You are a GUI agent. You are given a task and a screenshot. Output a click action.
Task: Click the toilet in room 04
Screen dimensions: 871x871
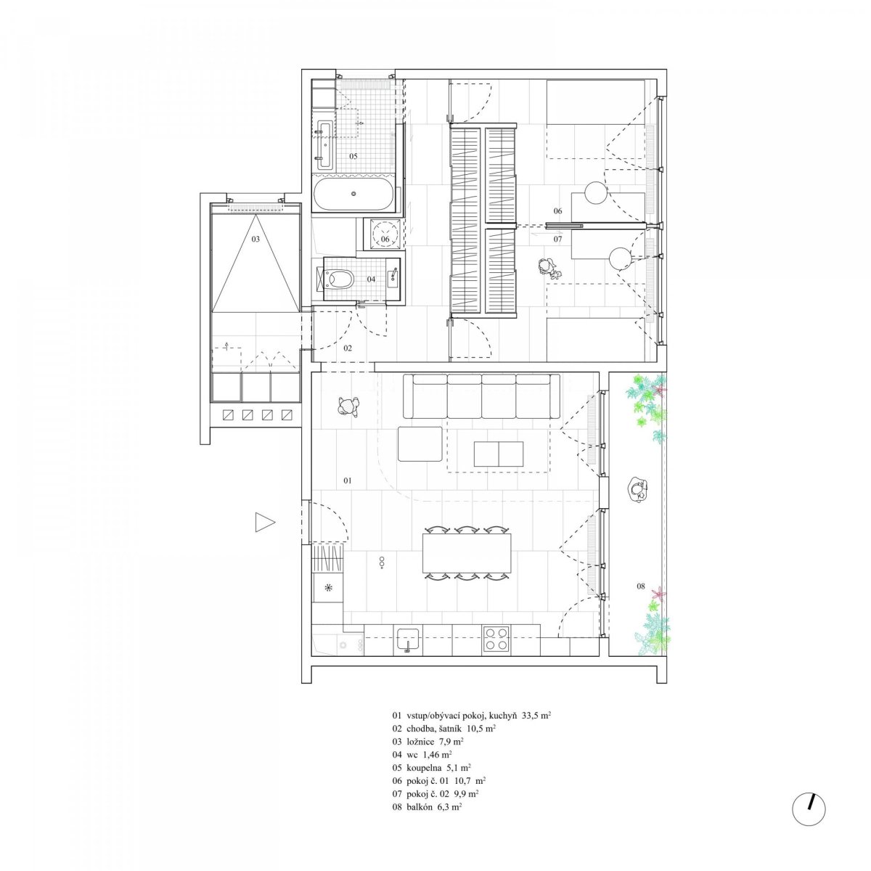[x=340, y=279]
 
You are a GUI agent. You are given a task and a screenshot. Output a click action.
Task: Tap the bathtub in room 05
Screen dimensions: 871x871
[x=353, y=194]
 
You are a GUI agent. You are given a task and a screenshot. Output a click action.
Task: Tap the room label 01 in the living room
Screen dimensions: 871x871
[x=347, y=481]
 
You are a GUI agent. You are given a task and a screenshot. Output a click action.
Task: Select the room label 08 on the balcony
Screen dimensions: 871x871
[x=640, y=586]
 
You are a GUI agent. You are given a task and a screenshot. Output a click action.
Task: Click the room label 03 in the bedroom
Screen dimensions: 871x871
[x=255, y=239]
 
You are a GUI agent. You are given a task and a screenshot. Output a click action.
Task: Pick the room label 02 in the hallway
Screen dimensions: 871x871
[x=348, y=348]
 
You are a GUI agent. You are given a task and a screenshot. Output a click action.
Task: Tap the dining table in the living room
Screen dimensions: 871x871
[x=467, y=553]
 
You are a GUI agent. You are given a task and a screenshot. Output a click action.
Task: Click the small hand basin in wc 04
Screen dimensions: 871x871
[x=393, y=277]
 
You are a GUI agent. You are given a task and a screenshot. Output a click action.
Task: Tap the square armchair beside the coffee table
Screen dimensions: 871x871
[x=420, y=444]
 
